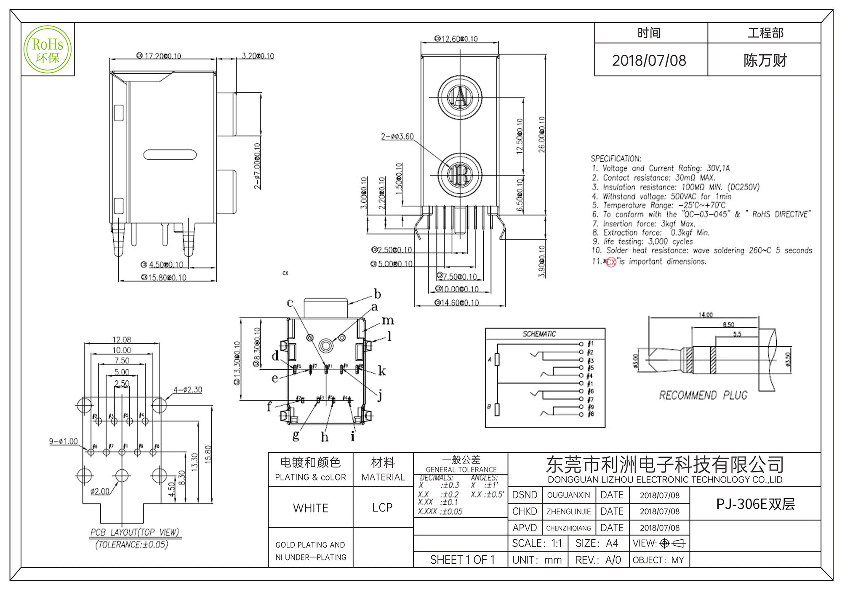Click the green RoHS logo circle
pyautogui.click(x=48, y=49)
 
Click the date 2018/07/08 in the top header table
pyautogui.click(x=649, y=61)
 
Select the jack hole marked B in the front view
pyautogui.click(x=460, y=175)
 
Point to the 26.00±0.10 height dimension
pyautogui.click(x=542, y=135)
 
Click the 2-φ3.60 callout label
pyautogui.click(x=397, y=137)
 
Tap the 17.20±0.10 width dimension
pyautogui.click(x=160, y=56)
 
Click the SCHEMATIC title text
pyautogui.click(x=539, y=334)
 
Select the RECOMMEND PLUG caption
pyautogui.click(x=703, y=395)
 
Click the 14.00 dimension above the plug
pyautogui.click(x=706, y=315)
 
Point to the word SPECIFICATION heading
pyautogui.click(x=616, y=159)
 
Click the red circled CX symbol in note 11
pyautogui.click(x=611, y=262)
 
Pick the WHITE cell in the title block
pyautogui.click(x=311, y=508)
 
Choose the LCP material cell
pyautogui.click(x=382, y=508)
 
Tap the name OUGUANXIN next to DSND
pyautogui.click(x=568, y=495)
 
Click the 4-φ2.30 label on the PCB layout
pyautogui.click(x=188, y=390)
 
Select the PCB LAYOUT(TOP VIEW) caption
pyautogui.click(x=134, y=533)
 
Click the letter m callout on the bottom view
pyautogui.click(x=388, y=321)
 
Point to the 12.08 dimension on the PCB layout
pyautogui.click(x=122, y=340)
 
